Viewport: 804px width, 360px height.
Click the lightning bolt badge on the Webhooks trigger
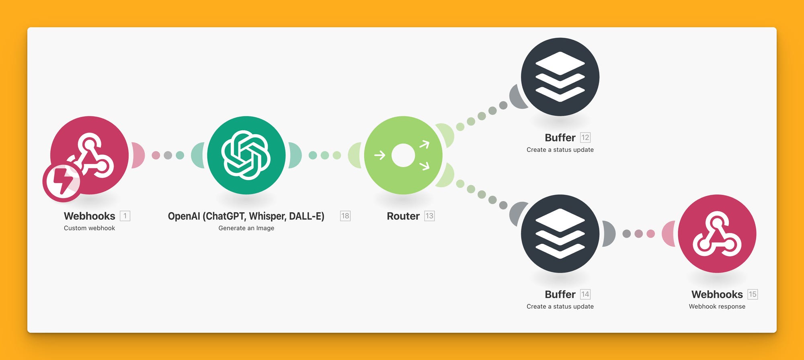tap(62, 181)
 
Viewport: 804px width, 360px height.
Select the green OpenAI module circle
tap(246, 155)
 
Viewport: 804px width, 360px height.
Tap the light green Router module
tap(403, 155)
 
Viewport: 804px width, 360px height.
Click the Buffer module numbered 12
tap(560, 77)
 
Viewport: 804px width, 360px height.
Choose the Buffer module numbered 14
tap(560, 233)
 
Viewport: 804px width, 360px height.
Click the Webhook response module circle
tap(717, 233)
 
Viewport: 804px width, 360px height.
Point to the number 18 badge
tap(345, 216)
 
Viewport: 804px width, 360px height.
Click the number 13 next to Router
tap(429, 216)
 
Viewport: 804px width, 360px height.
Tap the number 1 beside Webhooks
tap(125, 216)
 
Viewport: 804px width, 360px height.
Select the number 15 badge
tap(753, 294)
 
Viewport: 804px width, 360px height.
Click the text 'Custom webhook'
tap(89, 228)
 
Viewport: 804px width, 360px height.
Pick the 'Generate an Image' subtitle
tap(246, 228)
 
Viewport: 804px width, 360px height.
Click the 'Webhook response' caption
tap(717, 307)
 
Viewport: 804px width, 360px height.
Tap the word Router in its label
tap(403, 216)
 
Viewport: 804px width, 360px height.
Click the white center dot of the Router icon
tap(403, 155)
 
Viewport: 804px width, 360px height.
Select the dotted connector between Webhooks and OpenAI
tap(168, 155)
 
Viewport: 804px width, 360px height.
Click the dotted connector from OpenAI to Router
tap(325, 155)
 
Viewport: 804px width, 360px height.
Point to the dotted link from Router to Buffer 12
tap(482, 116)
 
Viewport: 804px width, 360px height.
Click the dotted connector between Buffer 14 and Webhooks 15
tap(638, 233)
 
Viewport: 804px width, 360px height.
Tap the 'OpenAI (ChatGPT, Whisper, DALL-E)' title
tap(246, 216)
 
